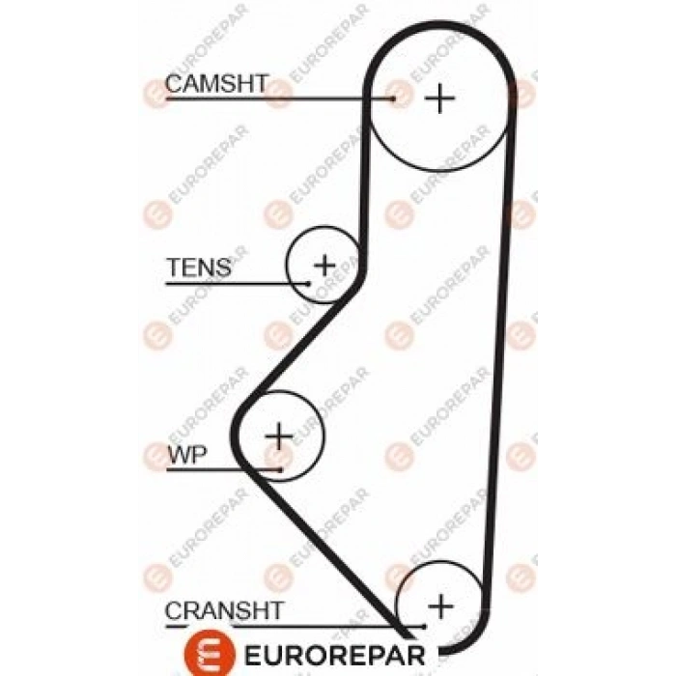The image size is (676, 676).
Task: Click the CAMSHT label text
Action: (x=215, y=84)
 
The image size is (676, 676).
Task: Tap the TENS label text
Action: (x=198, y=268)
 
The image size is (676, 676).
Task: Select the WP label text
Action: (x=185, y=455)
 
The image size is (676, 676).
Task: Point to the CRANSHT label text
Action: (x=224, y=610)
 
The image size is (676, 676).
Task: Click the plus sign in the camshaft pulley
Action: (x=439, y=98)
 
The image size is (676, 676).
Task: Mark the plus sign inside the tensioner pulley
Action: (x=324, y=263)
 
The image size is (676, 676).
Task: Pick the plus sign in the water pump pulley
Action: (x=279, y=436)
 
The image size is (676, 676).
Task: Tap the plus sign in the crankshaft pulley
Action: (x=440, y=606)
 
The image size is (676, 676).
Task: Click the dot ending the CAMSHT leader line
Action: (x=394, y=98)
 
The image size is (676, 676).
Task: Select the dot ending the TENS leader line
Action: (x=308, y=283)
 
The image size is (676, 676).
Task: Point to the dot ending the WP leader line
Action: (x=281, y=470)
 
